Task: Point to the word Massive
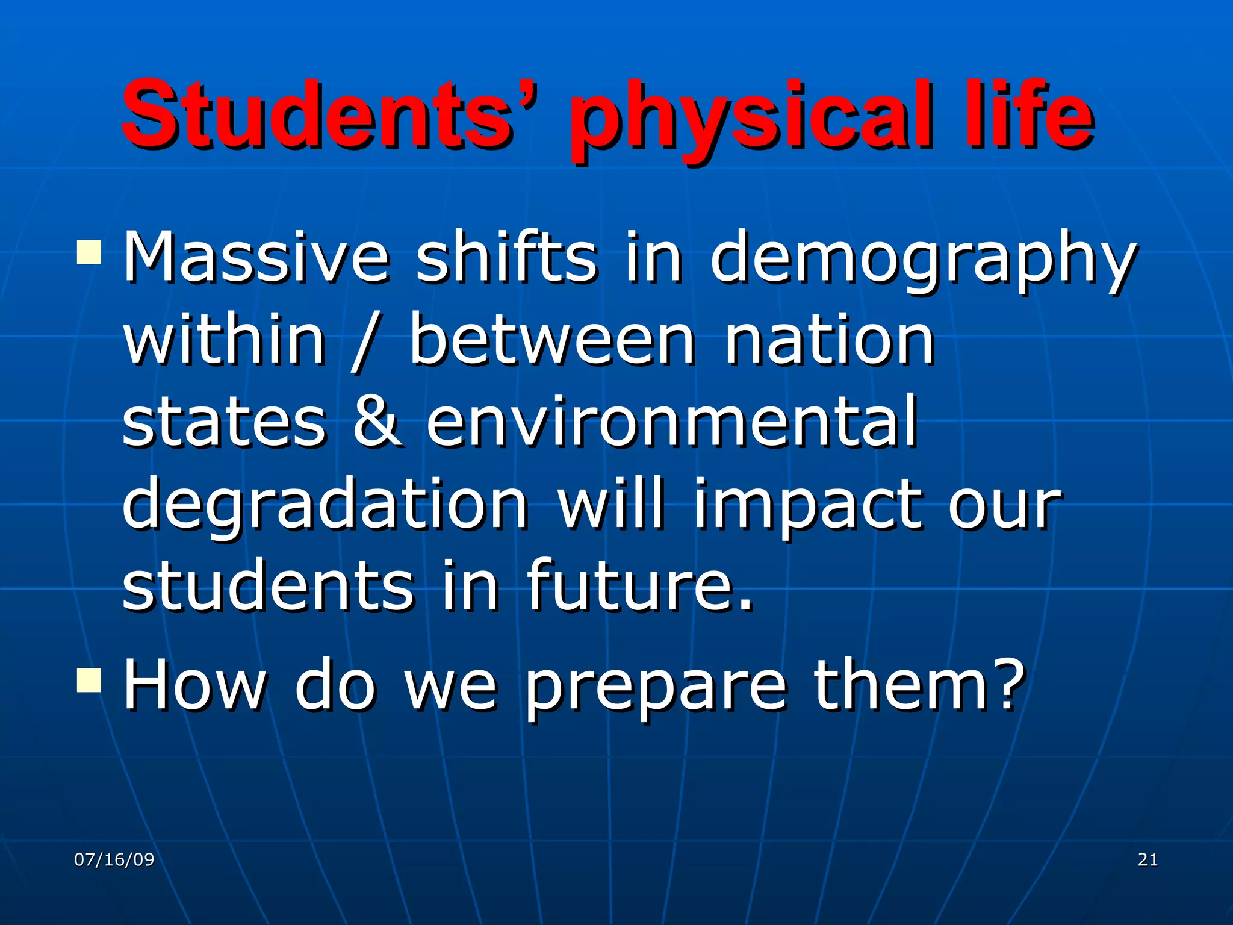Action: click(x=256, y=258)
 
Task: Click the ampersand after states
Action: click(x=377, y=422)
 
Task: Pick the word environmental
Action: click(x=671, y=422)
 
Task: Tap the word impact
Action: click(x=807, y=506)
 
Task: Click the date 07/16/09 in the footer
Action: click(x=114, y=859)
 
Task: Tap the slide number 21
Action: click(x=1148, y=859)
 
